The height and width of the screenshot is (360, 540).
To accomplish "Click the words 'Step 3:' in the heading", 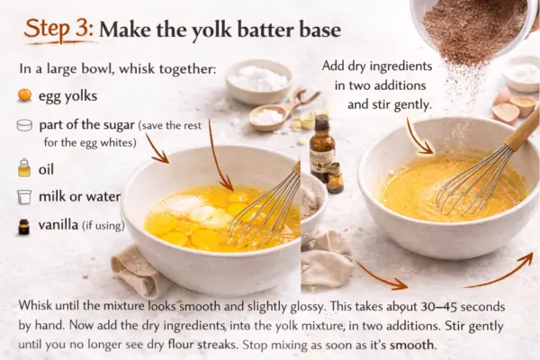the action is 58,28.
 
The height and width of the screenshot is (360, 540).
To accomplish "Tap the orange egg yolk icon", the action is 24,94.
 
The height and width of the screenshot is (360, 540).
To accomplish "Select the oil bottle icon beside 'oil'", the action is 24,167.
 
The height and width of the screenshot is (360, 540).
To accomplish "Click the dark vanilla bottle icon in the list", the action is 23,227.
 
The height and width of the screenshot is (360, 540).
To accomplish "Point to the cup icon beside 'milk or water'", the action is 24,197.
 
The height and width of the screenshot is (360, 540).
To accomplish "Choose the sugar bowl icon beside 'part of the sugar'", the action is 24,125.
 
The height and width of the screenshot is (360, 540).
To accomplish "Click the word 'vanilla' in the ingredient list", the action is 58,225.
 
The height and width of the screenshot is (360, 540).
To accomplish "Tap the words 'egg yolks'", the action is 67,96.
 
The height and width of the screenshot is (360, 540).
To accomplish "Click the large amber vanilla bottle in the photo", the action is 321,148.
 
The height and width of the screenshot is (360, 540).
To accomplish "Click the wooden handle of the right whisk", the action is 522,131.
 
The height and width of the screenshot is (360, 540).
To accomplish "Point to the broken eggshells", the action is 513,105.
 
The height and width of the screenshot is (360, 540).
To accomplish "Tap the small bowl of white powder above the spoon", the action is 258,82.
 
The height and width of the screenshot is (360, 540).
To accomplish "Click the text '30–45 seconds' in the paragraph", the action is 463,306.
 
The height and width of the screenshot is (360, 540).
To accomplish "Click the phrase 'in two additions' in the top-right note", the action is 380,85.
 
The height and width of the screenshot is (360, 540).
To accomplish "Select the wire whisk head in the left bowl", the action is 265,209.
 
